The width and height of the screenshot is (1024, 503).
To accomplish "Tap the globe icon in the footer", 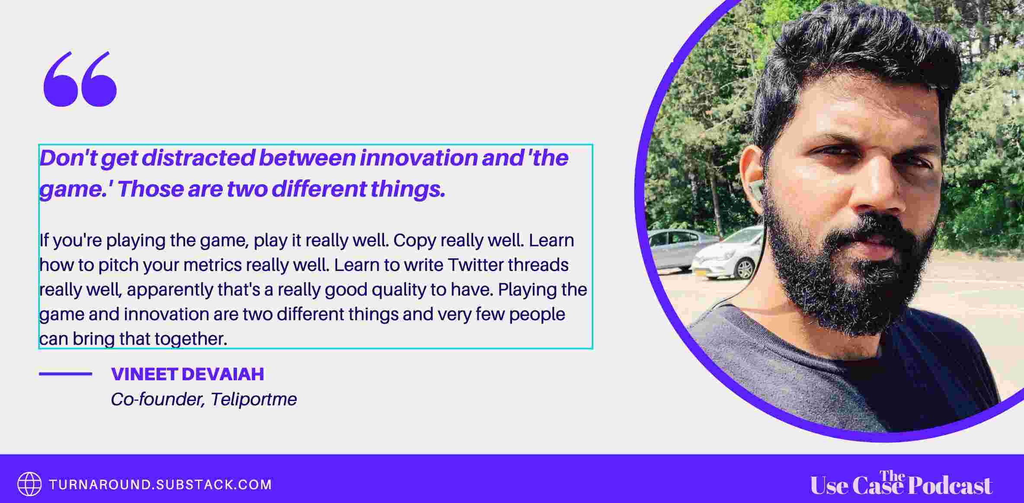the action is click(x=29, y=484).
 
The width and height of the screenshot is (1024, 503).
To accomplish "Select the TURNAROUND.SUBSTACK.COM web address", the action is click(x=160, y=484).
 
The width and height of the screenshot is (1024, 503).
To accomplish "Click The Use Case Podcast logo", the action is click(x=901, y=483).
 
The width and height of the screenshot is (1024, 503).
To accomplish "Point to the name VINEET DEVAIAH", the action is click(x=188, y=374).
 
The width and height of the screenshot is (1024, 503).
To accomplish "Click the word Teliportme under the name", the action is click(x=254, y=399).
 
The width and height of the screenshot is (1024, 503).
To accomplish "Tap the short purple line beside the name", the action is click(x=65, y=374).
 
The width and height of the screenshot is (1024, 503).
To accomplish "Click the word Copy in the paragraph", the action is click(x=414, y=241).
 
